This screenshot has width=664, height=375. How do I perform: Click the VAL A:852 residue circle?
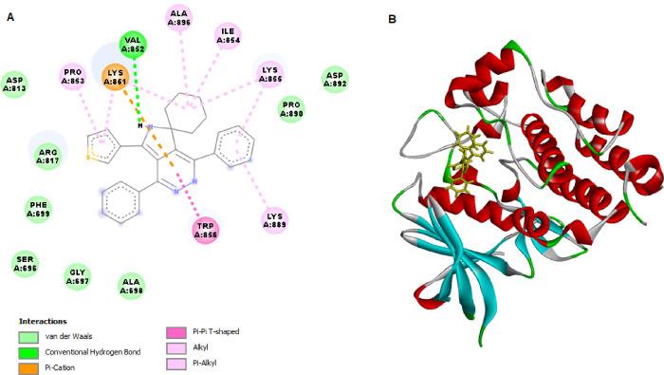coord(135,45)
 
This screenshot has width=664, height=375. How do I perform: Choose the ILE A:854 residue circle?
coord(228,35)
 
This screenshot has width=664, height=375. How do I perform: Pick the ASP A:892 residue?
coord(334,79)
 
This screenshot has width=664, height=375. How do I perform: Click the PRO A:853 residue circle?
coord(74,76)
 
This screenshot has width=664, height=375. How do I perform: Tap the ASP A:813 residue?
coord(14,84)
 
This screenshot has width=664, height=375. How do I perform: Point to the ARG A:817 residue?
coord(47,155)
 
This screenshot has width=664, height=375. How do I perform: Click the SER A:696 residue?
coord(26,263)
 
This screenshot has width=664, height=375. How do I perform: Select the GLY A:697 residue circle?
coord(79,276)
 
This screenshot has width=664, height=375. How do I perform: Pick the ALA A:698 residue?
coord(132,284)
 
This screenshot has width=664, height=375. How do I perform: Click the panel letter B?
coord(393,18)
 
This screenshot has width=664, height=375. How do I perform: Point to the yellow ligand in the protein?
coord(467,160)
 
